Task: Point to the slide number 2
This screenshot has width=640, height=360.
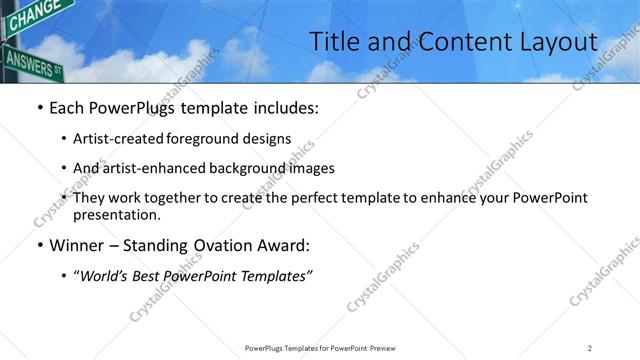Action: coord(589,348)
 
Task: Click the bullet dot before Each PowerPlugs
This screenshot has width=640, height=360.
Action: coord(39,107)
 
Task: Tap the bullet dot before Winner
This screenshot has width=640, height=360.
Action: coord(39,245)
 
